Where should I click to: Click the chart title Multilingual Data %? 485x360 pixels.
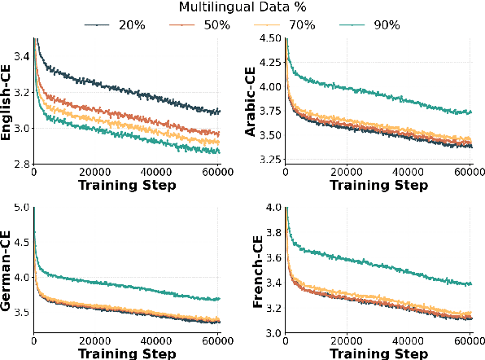[x=242, y=7]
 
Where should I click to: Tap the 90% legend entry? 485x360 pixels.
[x=375, y=24]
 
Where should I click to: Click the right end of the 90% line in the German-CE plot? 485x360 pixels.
[x=220, y=299]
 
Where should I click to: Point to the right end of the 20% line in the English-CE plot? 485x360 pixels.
[x=220, y=112]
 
